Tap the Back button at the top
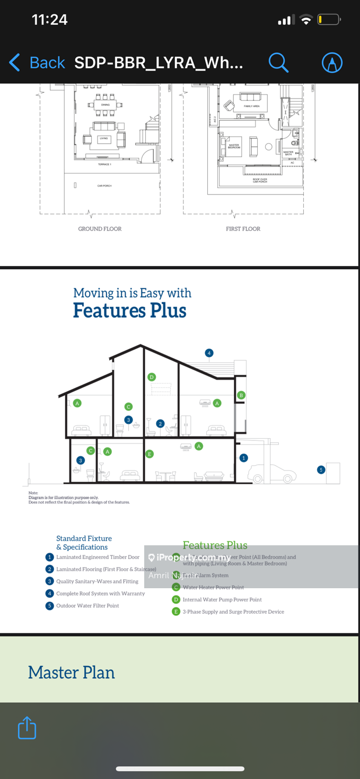(x=37, y=63)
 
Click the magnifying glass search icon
(x=278, y=63)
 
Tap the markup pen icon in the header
(x=332, y=63)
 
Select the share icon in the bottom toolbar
(x=27, y=728)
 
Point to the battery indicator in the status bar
(x=329, y=20)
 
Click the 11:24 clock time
(x=50, y=20)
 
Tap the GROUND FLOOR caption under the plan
(x=100, y=229)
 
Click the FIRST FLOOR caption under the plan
(x=243, y=229)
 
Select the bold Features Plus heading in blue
(x=130, y=311)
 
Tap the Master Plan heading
(x=72, y=672)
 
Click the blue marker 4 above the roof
(x=209, y=353)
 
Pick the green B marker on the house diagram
(x=241, y=395)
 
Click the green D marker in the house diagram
(x=152, y=377)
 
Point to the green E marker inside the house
(x=150, y=454)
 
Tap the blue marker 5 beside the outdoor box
(x=321, y=470)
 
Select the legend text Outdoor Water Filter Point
(x=87, y=606)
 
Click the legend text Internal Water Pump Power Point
(x=222, y=599)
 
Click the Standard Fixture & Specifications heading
(x=84, y=543)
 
